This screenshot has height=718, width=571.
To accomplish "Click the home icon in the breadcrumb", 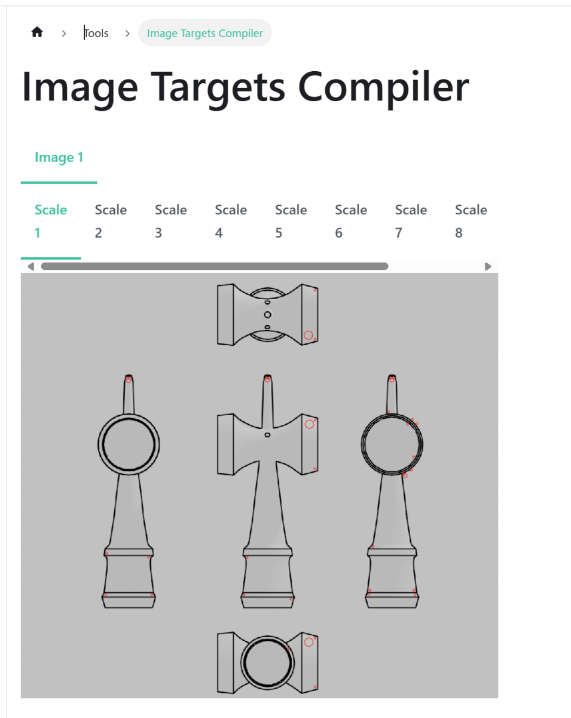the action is (37, 32).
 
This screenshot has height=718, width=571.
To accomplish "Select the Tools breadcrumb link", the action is (96, 33).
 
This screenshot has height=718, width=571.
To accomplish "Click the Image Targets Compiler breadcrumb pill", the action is (205, 33).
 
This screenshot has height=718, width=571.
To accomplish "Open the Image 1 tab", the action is (59, 157).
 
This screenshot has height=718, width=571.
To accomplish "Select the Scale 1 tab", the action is (51, 221).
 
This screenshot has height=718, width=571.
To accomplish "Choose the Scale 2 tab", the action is (111, 221).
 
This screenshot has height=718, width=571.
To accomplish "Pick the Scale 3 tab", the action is (171, 221).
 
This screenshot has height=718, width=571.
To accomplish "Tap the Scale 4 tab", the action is (231, 221).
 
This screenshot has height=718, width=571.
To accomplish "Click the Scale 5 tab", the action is (291, 221).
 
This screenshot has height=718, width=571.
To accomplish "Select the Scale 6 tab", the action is (351, 221).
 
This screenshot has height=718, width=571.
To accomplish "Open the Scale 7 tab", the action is (411, 221).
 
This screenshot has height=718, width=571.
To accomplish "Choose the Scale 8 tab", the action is (471, 221).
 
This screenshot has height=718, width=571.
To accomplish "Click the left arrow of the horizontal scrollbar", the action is (31, 266).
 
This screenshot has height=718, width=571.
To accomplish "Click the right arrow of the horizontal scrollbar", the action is (488, 266).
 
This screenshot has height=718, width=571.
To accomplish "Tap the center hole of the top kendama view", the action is (267, 315).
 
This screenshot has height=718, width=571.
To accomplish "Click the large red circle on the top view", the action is (309, 335).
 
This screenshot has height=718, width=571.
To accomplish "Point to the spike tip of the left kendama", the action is (129, 375).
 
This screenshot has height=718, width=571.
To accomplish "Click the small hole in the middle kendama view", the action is (267, 435).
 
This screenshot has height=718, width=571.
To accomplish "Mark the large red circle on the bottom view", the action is (309, 642).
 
